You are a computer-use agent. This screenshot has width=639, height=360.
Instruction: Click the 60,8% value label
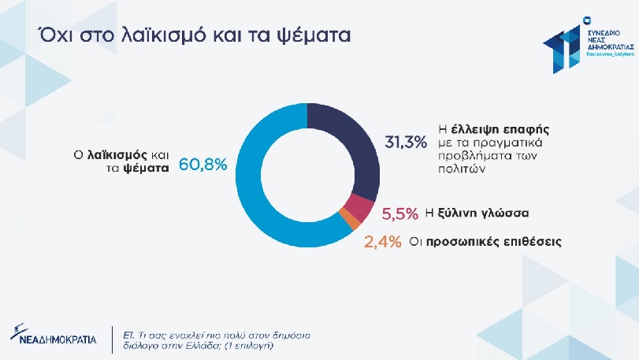click(x=203, y=165)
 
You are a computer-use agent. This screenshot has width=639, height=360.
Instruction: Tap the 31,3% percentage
click(x=405, y=143)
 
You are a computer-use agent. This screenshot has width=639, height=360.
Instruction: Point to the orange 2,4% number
click(x=382, y=241)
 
